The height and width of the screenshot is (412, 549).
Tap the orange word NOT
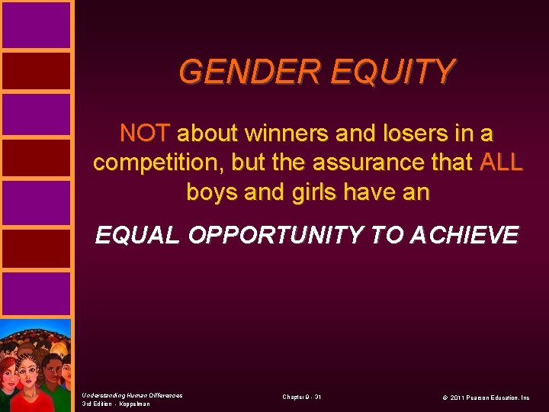click(145, 134)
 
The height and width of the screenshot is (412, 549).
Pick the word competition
click(162, 163)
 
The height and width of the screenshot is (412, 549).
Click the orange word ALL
click(501, 163)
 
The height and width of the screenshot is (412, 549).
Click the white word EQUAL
click(138, 236)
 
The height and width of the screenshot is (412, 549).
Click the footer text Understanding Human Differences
click(132, 394)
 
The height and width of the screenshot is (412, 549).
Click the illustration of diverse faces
click(36, 365)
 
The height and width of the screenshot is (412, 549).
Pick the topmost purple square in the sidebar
click(36, 24)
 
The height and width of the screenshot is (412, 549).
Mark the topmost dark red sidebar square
click(36, 72)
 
